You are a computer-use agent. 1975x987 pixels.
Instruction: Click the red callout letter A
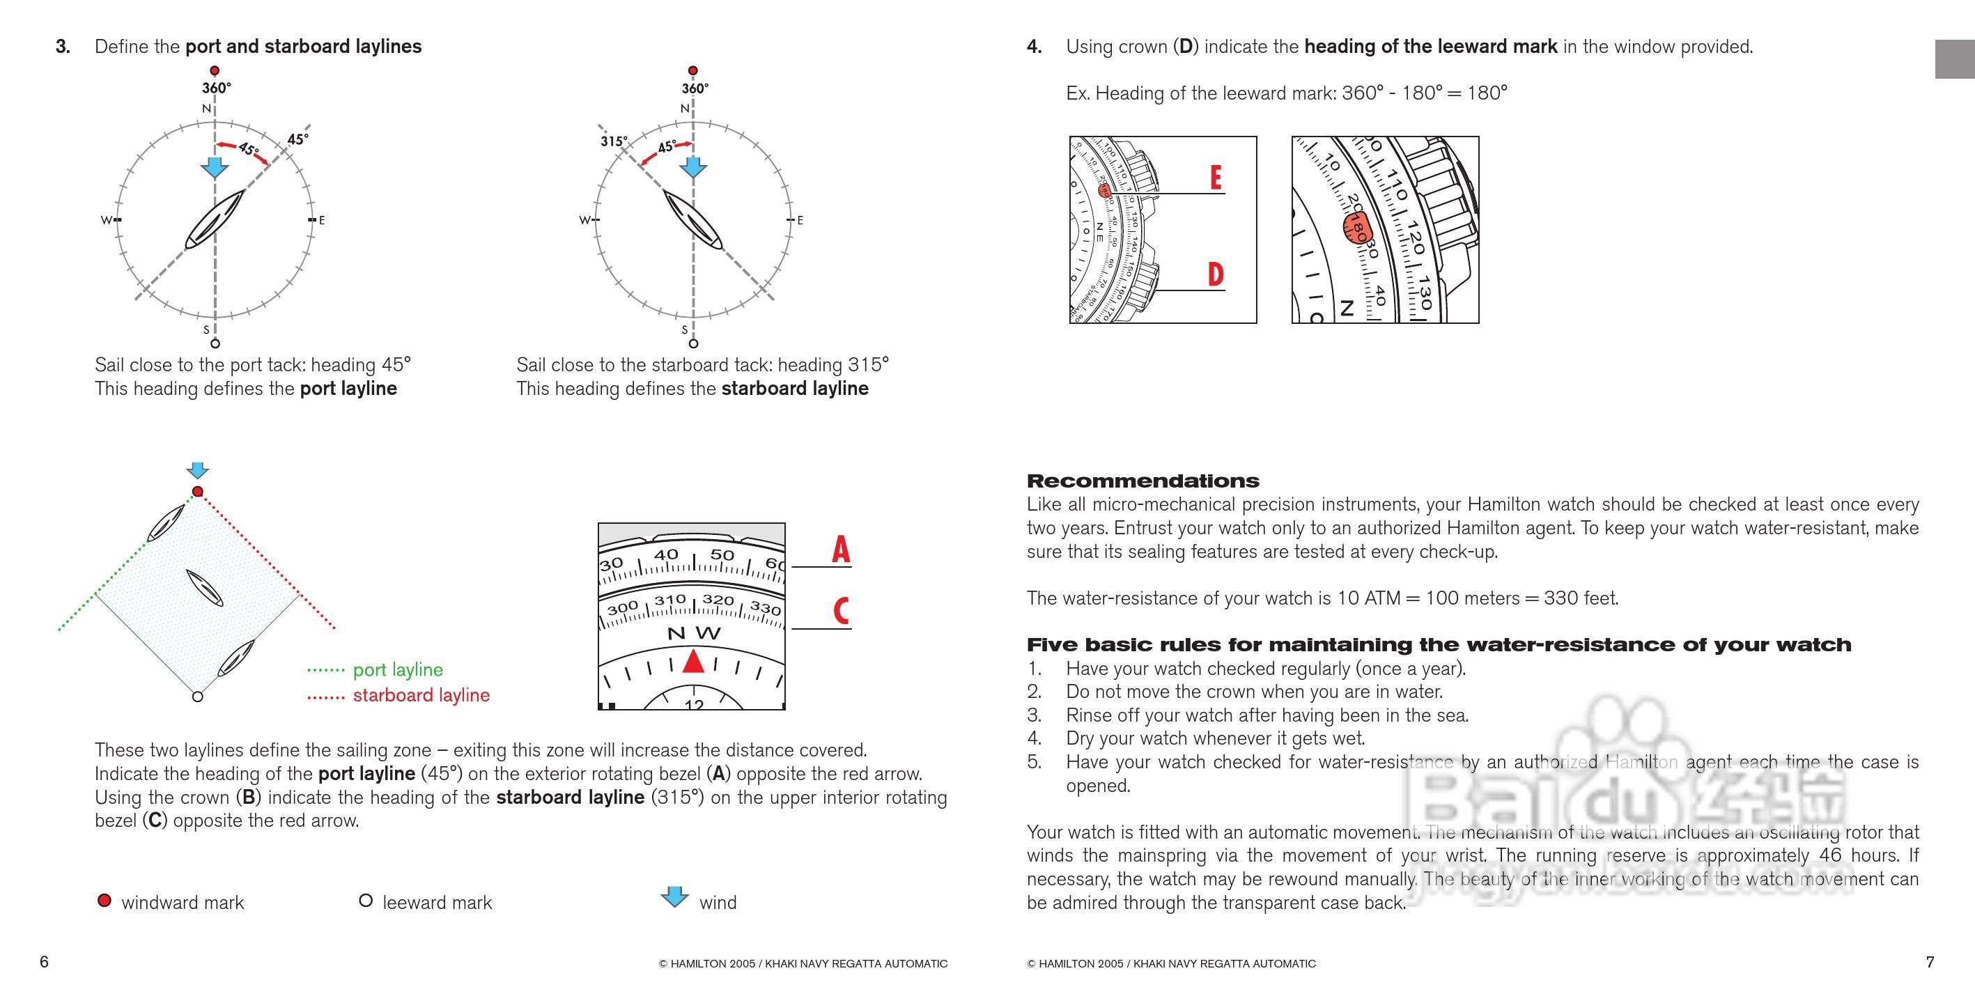pyautogui.click(x=841, y=549)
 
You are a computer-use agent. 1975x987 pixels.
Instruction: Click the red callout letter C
pyautogui.click(x=841, y=610)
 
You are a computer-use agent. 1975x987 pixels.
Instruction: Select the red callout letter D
pyautogui.click(x=1215, y=274)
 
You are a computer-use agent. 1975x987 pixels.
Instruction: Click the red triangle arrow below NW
pyautogui.click(x=693, y=660)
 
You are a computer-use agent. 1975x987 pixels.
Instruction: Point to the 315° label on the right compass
pyautogui.click(x=613, y=141)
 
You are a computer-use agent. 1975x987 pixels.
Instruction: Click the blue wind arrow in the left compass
pyautogui.click(x=214, y=167)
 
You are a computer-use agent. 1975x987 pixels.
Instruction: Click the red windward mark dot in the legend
pyautogui.click(x=104, y=901)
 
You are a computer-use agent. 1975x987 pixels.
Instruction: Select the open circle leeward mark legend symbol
pyautogui.click(x=366, y=901)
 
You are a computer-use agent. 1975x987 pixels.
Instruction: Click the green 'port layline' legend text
pyautogui.click(x=398, y=670)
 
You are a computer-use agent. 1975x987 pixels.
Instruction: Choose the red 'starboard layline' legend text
pyautogui.click(x=421, y=695)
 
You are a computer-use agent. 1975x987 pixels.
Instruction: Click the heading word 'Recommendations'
pyautogui.click(x=1143, y=481)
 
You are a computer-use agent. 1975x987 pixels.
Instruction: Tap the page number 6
pyautogui.click(x=44, y=962)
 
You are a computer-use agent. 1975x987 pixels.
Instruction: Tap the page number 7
pyautogui.click(x=1930, y=962)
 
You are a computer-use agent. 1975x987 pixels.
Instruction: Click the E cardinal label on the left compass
pyautogui.click(x=321, y=221)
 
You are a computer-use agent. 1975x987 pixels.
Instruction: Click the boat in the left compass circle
pyautogui.click(x=215, y=220)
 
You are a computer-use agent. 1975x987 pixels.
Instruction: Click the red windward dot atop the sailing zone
pyautogui.click(x=198, y=491)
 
